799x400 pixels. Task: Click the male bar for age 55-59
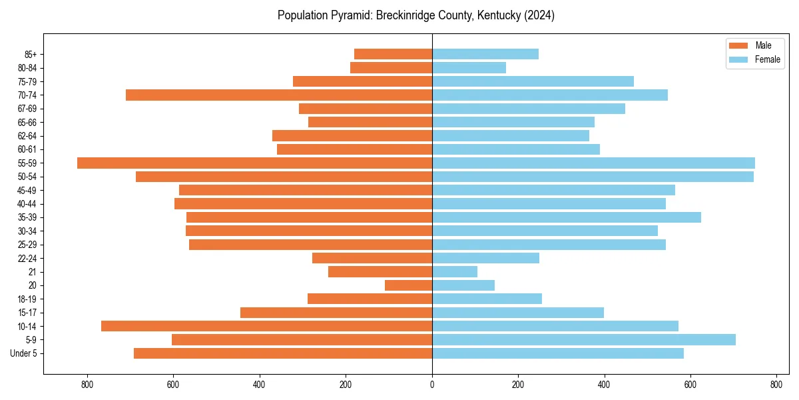coord(254,163)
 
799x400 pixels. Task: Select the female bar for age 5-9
coord(584,339)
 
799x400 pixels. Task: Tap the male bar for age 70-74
coord(279,95)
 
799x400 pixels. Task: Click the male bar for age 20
coord(408,285)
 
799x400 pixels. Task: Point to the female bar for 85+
coord(485,54)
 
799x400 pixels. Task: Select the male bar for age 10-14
coord(266,326)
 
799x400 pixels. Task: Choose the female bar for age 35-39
coord(567,217)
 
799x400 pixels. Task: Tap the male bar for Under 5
coord(283,353)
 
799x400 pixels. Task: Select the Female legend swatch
coord(739,59)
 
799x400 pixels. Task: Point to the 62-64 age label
coord(27,136)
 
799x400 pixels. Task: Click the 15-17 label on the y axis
coord(27,313)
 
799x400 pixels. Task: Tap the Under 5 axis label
coord(23,353)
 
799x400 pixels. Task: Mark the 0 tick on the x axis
coord(432,384)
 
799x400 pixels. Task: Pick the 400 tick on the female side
coord(604,384)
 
